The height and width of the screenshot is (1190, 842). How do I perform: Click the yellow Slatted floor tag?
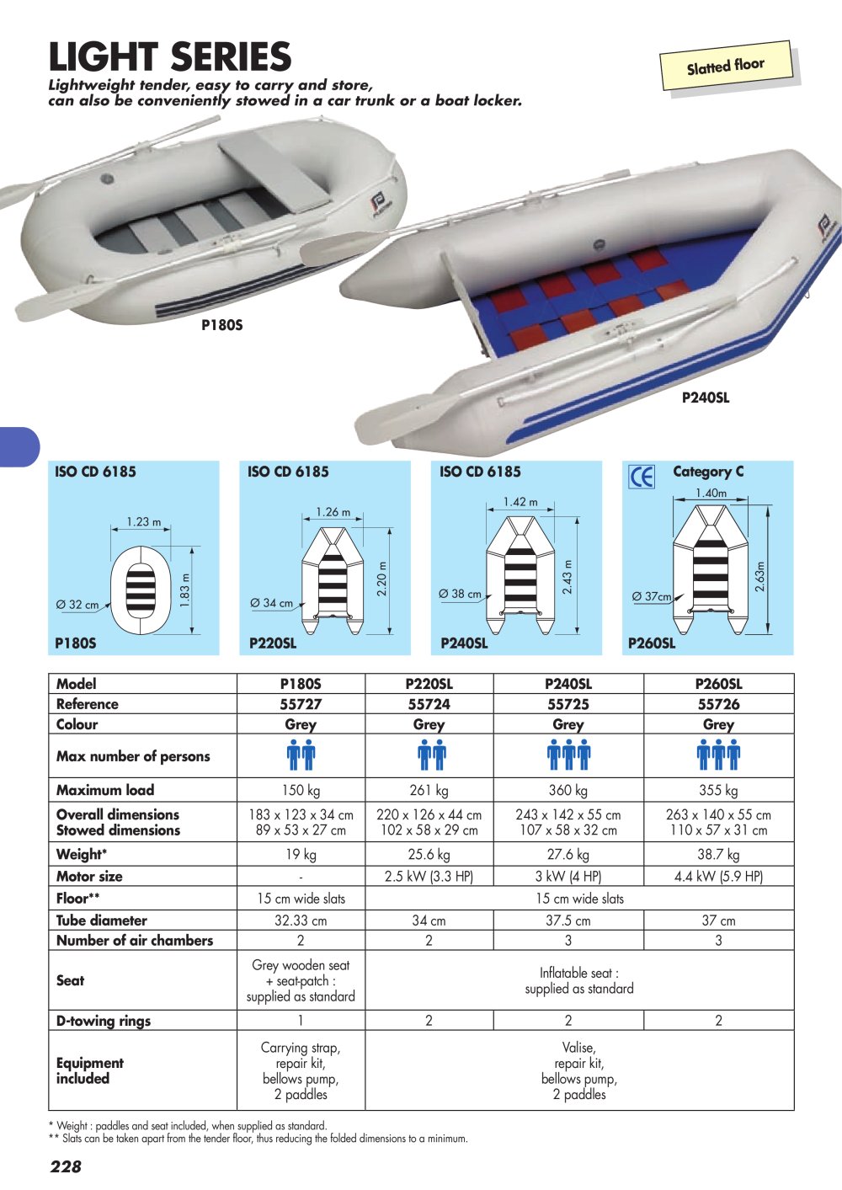coord(726,67)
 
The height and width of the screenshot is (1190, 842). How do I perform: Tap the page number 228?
coord(66,1166)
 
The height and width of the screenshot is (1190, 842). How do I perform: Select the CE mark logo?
coord(642,477)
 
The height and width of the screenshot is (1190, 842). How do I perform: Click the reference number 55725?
coord(568,704)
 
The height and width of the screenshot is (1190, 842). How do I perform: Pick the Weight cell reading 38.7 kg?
coord(718,854)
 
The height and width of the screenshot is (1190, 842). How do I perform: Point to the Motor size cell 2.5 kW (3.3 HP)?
coord(429,876)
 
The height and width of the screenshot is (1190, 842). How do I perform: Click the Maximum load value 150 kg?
coord(301,790)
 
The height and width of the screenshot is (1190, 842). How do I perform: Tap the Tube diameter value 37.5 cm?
coord(568,921)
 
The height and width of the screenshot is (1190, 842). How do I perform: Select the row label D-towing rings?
coord(104,1021)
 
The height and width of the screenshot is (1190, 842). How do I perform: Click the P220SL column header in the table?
coord(429,684)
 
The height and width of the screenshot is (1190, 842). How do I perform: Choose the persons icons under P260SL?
coord(718,755)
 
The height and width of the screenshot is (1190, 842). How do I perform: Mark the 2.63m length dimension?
coord(759,576)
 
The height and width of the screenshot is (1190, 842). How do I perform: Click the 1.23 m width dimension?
coord(143,521)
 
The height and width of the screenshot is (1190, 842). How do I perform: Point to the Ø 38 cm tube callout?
coord(460,594)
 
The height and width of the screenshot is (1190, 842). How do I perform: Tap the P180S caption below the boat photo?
coord(222,325)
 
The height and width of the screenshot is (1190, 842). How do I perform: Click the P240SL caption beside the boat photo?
coord(706,398)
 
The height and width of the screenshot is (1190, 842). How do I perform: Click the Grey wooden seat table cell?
coord(301,980)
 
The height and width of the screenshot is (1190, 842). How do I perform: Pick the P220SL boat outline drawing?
coord(333,581)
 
